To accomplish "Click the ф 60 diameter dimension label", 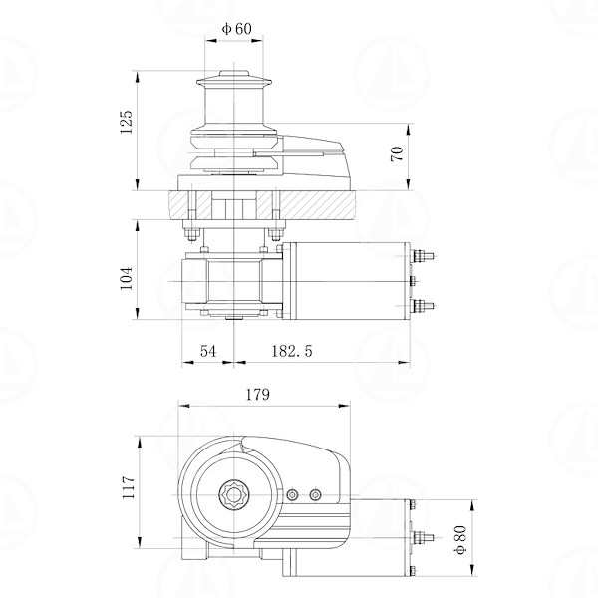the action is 237,29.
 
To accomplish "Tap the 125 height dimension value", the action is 127,122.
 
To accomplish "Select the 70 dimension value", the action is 397,153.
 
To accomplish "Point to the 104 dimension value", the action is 127,278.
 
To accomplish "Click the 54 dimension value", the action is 208,351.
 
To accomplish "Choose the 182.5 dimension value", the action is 292,351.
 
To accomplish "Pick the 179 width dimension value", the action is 257,395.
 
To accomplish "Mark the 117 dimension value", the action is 127,487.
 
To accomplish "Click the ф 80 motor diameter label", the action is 460,539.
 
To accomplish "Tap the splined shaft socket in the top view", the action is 233,494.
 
